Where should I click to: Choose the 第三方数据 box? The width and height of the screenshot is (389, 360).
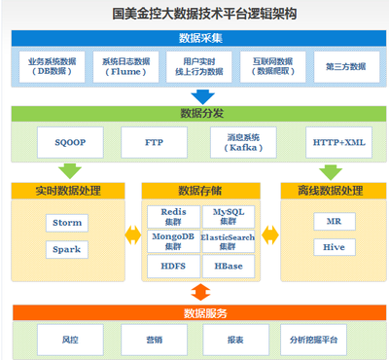point(345,66)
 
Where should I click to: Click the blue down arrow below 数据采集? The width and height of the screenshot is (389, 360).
point(202,96)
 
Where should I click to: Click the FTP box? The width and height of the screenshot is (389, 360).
point(154,142)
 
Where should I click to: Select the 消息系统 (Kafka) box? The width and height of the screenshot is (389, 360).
point(236,142)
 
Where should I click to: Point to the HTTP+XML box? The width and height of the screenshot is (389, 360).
point(338,142)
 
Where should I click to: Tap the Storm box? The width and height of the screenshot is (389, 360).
point(67,223)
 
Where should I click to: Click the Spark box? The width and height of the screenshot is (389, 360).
point(67,249)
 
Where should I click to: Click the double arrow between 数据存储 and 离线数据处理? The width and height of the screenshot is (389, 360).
point(269,234)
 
